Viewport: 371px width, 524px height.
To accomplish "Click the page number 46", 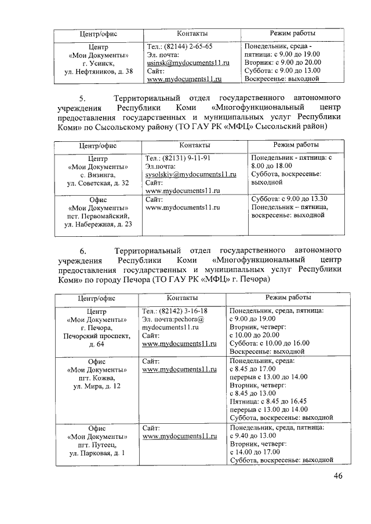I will pos(338,476).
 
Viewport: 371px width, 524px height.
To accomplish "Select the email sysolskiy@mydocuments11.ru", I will pos(191,174).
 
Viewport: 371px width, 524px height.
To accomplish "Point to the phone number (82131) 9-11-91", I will pos(186,157).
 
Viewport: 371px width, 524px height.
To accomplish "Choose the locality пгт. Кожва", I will pos(97,377).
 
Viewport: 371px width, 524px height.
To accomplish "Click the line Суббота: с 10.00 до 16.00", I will pos(270,343).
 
